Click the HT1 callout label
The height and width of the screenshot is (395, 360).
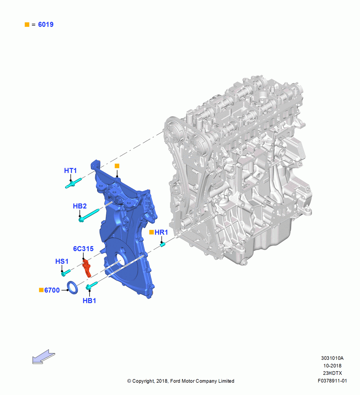tap(70, 171)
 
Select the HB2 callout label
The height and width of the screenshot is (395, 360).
tap(80, 206)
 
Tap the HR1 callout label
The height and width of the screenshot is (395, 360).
tap(161, 232)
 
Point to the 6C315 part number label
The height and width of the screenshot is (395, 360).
tap(83, 248)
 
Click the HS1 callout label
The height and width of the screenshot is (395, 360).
tap(62, 261)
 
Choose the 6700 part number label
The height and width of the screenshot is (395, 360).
tap(52, 290)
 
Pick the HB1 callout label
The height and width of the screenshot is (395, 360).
tap(89, 301)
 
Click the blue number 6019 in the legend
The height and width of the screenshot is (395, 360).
tap(46, 24)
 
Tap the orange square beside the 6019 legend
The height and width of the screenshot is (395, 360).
tap(27, 24)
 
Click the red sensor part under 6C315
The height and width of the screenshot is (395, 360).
tap(87, 268)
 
